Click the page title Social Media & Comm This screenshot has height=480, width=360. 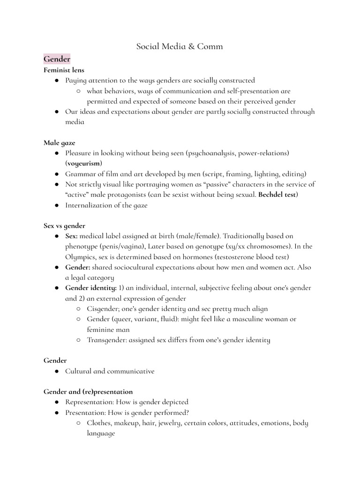coord(180,46)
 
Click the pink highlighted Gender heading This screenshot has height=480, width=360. coord(57,59)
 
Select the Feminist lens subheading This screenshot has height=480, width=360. coord(64,70)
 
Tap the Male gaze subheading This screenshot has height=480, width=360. coord(59,142)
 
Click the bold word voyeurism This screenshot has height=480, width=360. coord(84,163)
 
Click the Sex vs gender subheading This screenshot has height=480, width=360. coord(64,225)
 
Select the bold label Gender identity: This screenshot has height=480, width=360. coord(91,288)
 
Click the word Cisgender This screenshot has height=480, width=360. coord(105,309)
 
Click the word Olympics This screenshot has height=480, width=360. coord(82,257)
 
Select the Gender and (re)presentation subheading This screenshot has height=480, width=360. coord(88,391)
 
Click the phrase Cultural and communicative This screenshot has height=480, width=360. coord(110,371)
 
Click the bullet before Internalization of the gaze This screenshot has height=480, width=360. coord(56,205)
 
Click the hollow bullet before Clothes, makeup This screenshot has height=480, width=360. coord(78,423)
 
